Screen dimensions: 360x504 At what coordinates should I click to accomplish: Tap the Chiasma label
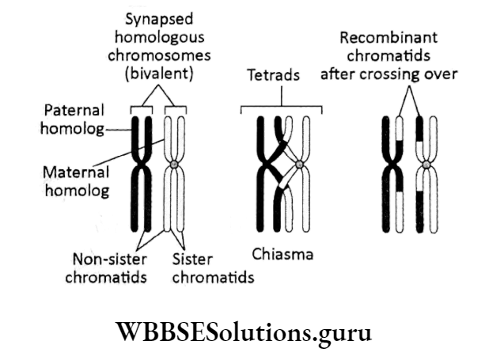point(282,254)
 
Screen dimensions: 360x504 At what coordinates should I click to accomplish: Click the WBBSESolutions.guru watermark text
point(252,332)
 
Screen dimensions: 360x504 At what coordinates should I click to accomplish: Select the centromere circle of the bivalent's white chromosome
point(174,165)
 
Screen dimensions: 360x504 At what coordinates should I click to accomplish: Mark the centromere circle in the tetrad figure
point(300,166)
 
